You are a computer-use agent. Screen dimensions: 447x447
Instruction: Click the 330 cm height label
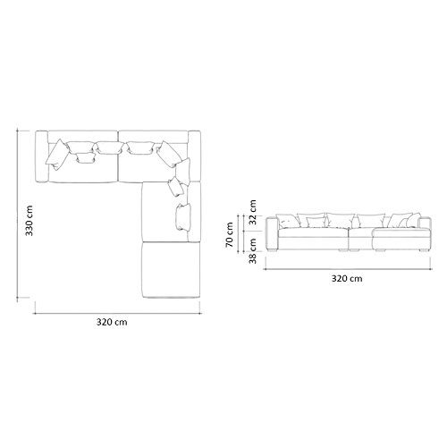30,221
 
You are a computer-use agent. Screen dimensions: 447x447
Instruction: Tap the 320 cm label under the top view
112,322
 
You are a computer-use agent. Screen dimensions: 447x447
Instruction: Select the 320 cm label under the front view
347,278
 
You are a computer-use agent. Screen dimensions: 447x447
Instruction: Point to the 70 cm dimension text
230,235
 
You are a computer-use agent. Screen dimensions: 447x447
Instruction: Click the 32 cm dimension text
253,212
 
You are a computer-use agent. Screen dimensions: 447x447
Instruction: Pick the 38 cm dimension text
253,250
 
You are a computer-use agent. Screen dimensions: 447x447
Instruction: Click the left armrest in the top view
42,156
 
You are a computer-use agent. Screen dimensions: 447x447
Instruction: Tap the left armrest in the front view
273,234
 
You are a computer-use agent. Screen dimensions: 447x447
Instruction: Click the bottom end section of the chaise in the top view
171,269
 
